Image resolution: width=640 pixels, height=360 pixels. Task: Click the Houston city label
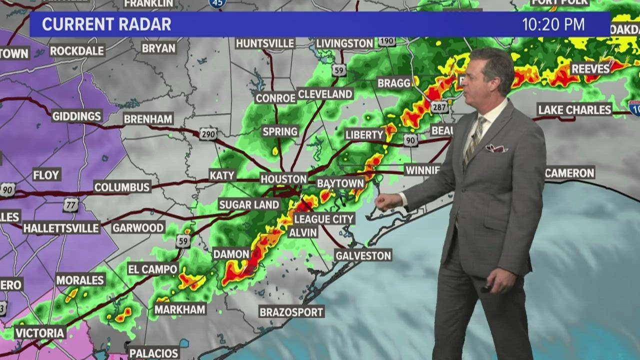pos(283,179)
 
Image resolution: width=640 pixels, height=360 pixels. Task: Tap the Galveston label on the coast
pos(363,255)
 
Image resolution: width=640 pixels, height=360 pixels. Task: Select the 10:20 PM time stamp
pos(553,24)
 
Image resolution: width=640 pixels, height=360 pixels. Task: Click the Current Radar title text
pos(106,24)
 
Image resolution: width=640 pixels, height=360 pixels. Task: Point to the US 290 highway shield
pos(207,134)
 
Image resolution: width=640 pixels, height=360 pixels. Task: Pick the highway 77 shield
pos(70,204)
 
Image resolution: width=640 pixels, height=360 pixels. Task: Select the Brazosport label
pos(291,312)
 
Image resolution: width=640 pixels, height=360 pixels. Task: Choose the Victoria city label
pos(40,332)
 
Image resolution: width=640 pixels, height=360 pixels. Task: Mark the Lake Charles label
pos(574,109)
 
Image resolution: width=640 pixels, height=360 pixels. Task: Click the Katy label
pos(222,175)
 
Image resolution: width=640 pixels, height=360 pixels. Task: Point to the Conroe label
pos(275,98)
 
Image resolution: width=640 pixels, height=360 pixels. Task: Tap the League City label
pos(324,219)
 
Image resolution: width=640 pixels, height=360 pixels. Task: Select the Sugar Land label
pos(249,204)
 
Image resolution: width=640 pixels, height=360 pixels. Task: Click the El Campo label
pos(152,269)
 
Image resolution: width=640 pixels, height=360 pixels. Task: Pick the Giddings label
pos(77,116)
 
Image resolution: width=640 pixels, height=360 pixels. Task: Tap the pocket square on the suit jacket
pos(496,148)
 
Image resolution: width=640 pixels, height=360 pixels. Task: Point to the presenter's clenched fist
pos(386,201)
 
